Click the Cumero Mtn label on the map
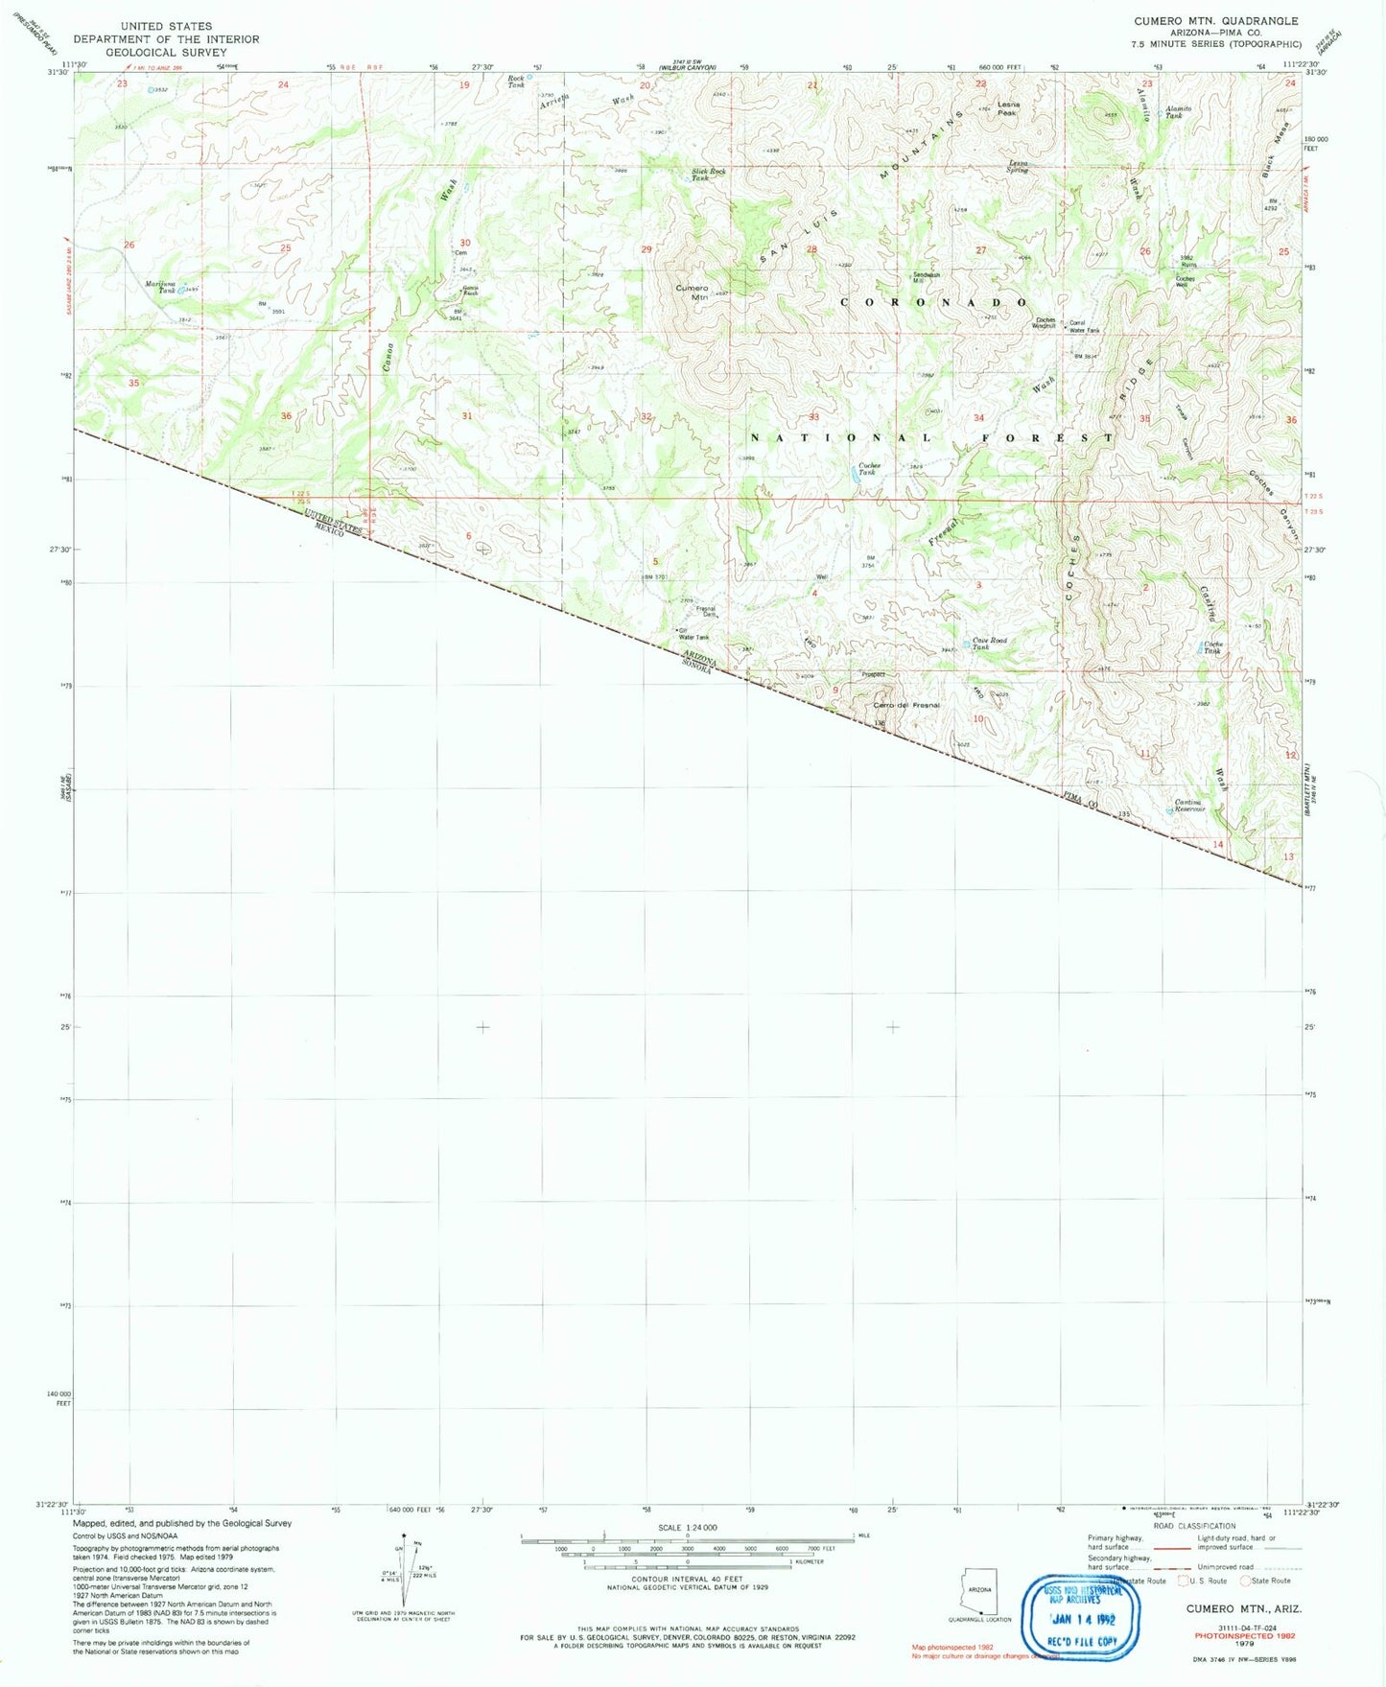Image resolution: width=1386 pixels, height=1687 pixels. (x=692, y=292)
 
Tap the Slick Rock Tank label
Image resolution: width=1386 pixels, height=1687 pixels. (x=709, y=175)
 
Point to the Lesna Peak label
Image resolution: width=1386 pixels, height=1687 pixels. (x=1007, y=107)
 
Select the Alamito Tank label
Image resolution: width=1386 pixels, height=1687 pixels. (x=1178, y=111)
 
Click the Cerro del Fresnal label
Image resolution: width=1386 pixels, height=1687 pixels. (x=906, y=705)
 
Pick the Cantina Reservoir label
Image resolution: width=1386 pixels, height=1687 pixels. (x=1189, y=806)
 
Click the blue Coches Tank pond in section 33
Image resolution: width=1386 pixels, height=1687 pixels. (x=856, y=473)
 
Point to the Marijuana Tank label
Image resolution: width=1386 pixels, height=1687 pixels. (x=161, y=286)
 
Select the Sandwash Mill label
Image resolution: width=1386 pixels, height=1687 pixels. (x=927, y=277)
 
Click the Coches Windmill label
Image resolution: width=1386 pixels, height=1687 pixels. (x=1044, y=323)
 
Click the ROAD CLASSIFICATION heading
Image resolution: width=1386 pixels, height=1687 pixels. (x=1194, y=1526)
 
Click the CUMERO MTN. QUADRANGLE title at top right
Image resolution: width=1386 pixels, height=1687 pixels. (x=1215, y=21)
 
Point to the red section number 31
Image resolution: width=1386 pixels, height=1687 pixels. (x=467, y=416)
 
